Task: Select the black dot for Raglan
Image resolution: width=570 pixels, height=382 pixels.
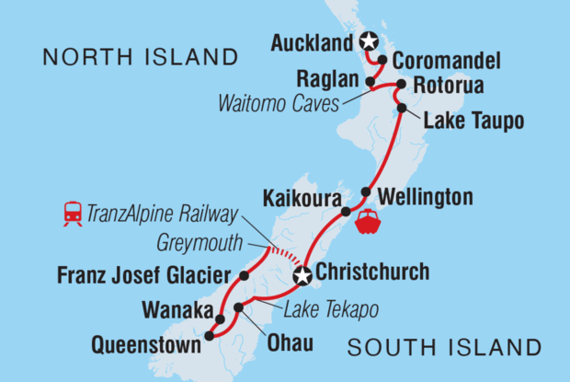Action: coord(370,81)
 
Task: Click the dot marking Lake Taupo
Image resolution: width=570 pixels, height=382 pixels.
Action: coord(402,109)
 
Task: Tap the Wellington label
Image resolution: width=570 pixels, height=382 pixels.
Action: coord(424,197)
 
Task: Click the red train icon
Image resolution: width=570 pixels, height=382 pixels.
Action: coord(73,214)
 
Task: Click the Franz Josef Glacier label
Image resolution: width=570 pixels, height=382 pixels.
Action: coord(145,274)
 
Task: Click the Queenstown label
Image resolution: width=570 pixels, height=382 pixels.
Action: coord(145,347)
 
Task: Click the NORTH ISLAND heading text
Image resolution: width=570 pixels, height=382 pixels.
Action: coord(141,58)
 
